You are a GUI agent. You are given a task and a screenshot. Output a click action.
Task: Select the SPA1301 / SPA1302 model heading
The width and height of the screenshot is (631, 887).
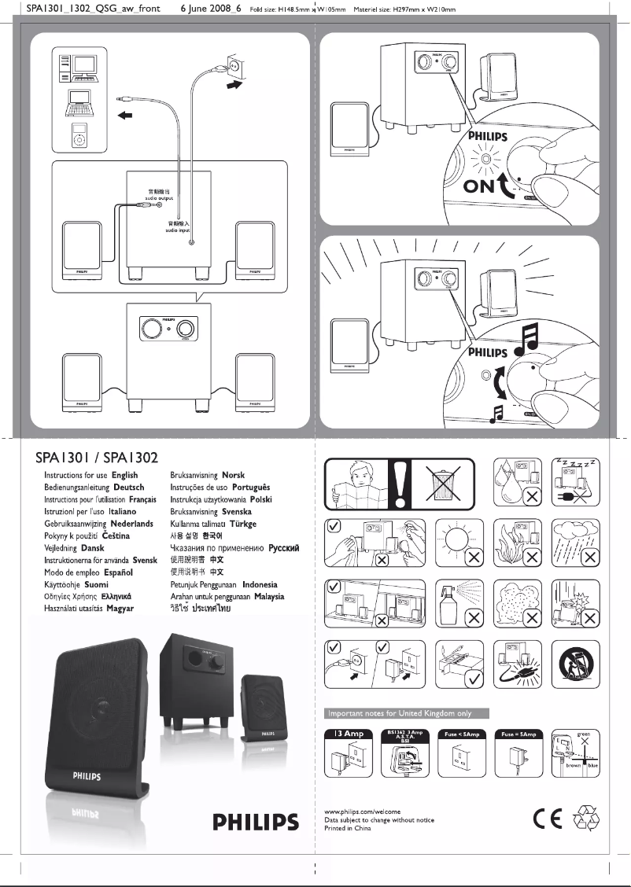click(x=97, y=458)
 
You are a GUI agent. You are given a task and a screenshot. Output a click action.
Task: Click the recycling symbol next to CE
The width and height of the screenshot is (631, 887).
click(x=587, y=819)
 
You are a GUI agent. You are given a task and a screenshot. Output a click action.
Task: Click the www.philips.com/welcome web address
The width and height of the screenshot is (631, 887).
click(x=363, y=811)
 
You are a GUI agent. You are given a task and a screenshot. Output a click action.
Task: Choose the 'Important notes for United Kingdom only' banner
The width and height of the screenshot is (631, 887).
click(x=408, y=713)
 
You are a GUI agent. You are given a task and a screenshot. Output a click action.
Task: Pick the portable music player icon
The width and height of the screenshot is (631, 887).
click(x=78, y=134)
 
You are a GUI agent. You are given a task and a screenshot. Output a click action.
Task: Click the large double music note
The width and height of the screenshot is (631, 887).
click(x=526, y=338)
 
